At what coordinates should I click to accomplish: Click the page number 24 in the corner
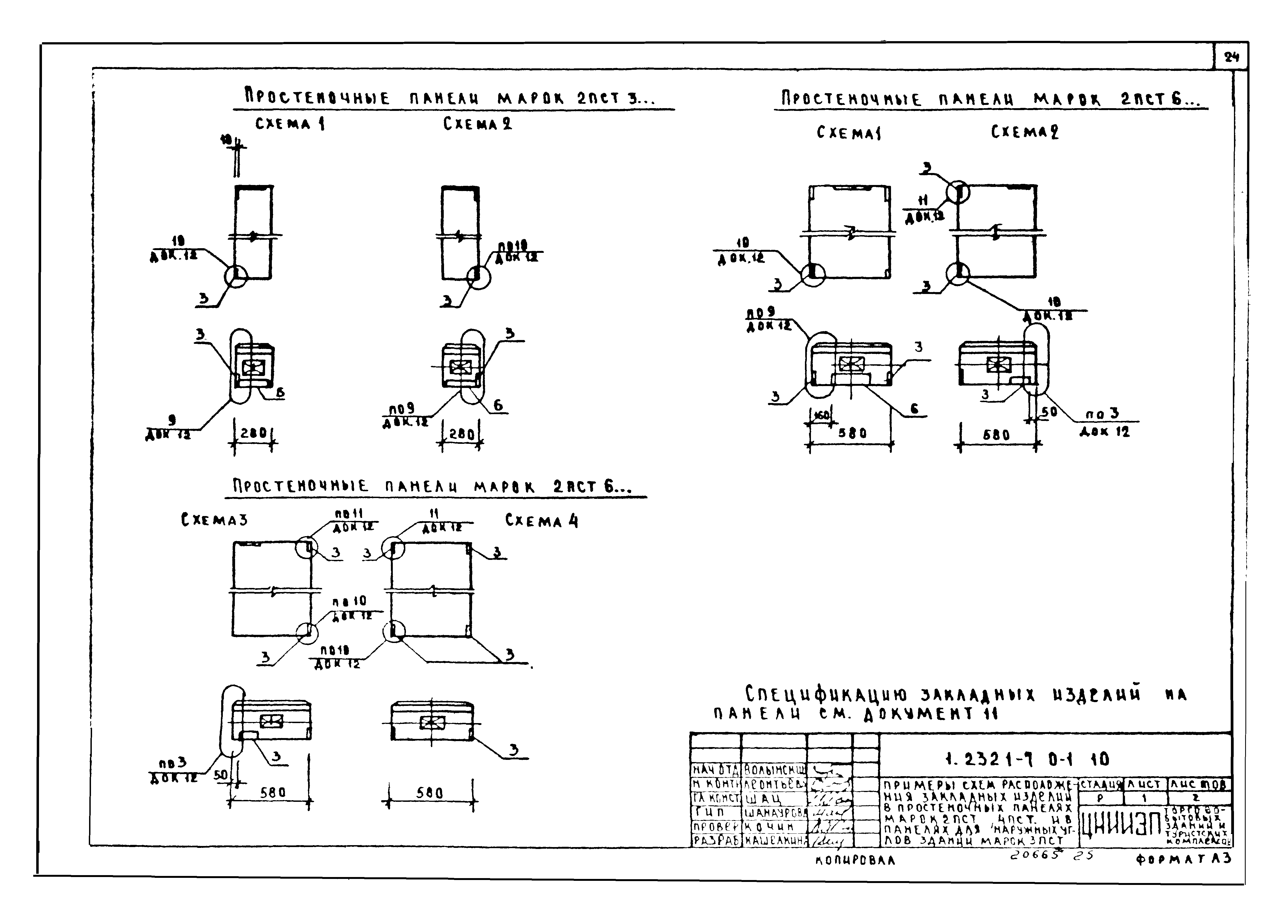(x=1232, y=57)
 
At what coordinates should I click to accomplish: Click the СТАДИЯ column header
(x=1101, y=784)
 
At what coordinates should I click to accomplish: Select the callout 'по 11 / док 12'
(x=354, y=520)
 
